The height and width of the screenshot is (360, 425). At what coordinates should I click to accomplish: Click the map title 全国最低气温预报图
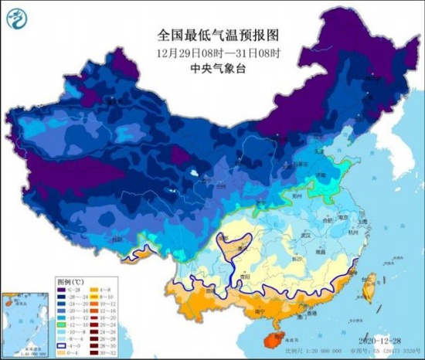(x=212, y=36)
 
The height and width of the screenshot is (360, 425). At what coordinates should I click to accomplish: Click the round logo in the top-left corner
(x=18, y=17)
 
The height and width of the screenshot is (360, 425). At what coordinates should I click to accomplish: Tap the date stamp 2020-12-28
(x=379, y=341)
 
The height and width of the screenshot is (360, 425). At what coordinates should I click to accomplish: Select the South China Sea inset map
(x=23, y=320)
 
